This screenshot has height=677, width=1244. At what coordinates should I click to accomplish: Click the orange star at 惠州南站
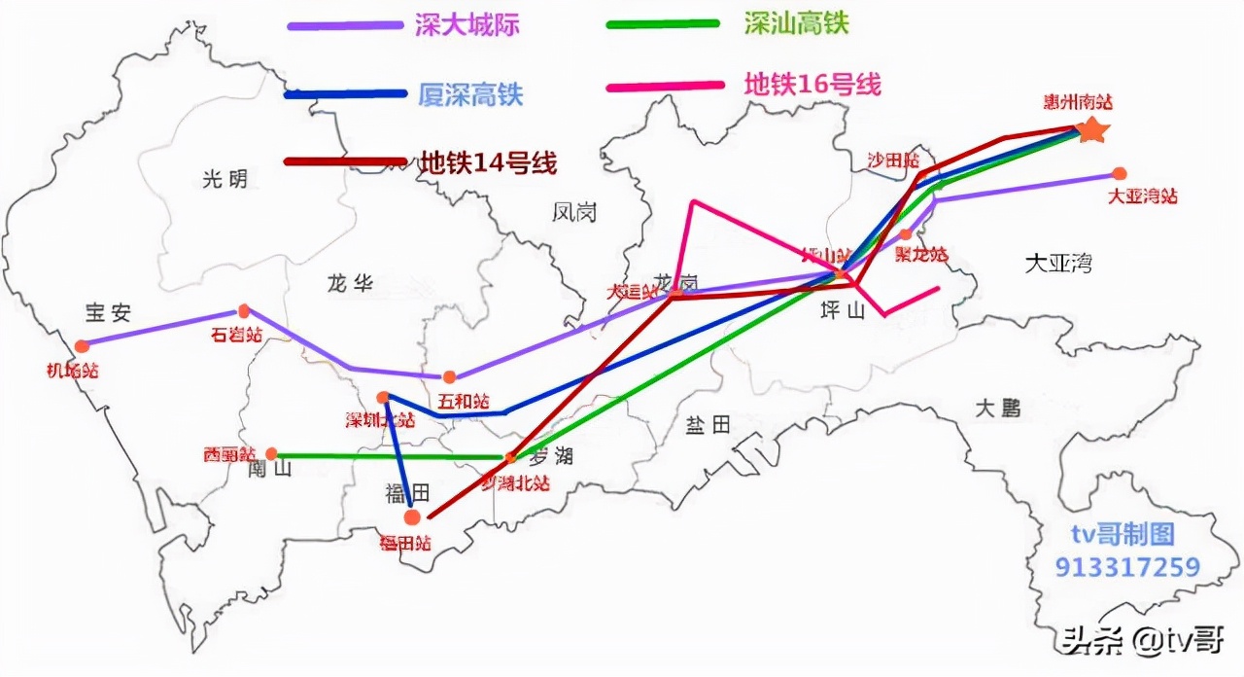(1092, 129)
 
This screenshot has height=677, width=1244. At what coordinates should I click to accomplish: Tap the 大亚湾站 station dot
(1120, 174)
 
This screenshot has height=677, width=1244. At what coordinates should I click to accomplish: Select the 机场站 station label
(73, 370)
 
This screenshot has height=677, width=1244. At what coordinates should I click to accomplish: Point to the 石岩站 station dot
(244, 311)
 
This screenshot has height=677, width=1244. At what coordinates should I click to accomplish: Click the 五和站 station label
(464, 401)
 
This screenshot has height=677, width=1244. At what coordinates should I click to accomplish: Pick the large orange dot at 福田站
(412, 517)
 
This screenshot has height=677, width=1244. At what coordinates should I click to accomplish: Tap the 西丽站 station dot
(272, 453)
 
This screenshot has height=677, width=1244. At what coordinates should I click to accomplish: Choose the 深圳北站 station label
(380, 420)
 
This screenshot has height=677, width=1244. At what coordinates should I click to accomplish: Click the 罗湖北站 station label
(515, 482)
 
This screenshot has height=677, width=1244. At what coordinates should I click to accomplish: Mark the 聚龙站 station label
(920, 255)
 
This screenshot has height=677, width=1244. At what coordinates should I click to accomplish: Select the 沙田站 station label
(893, 160)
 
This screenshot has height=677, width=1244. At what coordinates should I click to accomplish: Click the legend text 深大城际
(466, 25)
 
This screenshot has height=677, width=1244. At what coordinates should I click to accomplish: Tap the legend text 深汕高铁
(796, 23)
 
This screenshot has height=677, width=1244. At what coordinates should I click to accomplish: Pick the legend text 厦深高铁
(470, 94)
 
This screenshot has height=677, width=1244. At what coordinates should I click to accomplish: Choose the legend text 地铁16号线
(812, 84)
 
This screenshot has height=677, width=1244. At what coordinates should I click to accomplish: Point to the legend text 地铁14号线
(488, 162)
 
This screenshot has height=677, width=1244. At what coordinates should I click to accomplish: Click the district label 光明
(225, 179)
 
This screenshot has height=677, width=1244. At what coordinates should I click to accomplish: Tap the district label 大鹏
(999, 409)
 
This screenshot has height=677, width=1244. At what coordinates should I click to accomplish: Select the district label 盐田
(708, 425)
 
